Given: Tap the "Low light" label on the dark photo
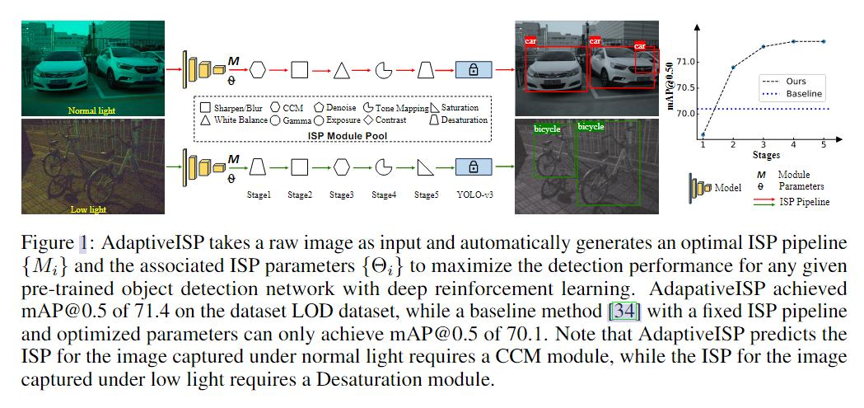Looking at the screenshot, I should point(86,209).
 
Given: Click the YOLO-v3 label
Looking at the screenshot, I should point(473,195).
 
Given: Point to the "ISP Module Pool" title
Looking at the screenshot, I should point(345,134).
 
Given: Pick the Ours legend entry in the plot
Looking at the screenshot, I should point(796,82).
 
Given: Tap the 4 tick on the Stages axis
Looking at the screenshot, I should point(793,144).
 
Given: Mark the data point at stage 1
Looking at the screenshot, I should point(703,134).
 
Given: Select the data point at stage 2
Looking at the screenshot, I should point(733,67).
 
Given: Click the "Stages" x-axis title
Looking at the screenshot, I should point(765,154).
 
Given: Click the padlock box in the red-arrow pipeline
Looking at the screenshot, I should point(473,70).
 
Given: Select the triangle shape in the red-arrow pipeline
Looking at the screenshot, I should point(341,70).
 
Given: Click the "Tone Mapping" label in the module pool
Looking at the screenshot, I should point(402,108).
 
